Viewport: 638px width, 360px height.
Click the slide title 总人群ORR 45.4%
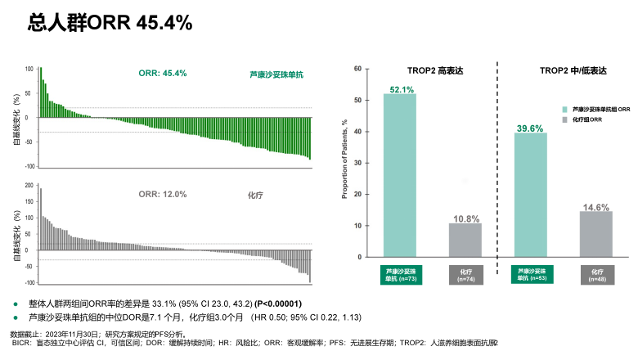point(110,22)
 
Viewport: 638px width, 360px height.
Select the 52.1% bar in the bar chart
point(400,175)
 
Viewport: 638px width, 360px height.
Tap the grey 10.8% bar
point(465,240)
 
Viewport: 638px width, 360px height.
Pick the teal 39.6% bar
point(530,195)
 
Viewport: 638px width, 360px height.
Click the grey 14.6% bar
point(595,234)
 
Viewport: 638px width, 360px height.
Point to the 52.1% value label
point(401,88)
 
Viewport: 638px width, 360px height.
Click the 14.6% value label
point(596,207)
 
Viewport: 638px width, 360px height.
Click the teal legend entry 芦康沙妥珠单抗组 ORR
point(600,109)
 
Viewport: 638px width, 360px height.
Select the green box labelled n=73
point(400,274)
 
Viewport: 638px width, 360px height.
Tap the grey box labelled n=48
point(595,274)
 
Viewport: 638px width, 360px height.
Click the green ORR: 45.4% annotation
point(163,73)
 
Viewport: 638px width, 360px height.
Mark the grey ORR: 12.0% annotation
point(162,194)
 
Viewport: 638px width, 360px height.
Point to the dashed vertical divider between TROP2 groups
point(498,164)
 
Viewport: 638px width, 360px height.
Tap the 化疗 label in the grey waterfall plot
point(257,196)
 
